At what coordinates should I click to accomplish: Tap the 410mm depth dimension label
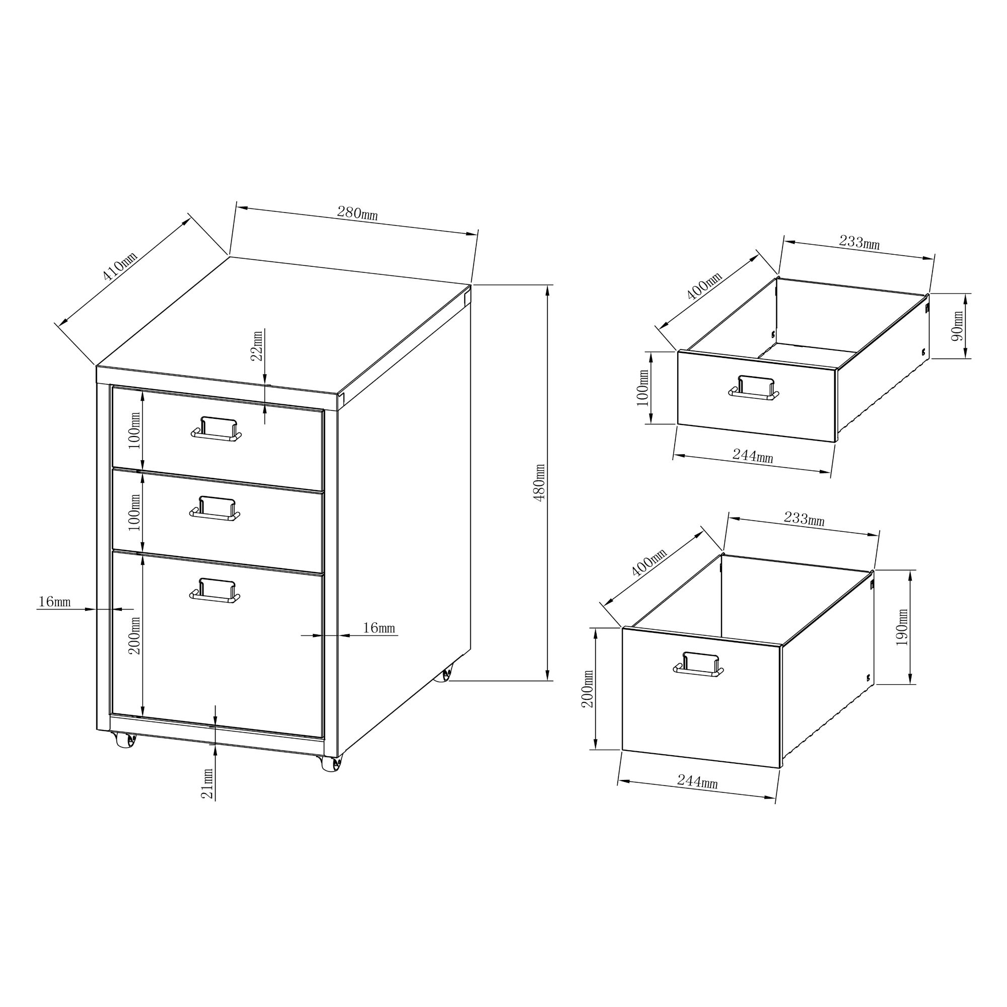coord(120,266)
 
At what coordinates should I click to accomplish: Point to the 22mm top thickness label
coord(257,345)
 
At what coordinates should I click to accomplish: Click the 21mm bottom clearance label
coord(207,783)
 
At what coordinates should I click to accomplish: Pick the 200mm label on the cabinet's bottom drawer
coord(135,635)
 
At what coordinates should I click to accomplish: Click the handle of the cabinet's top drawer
coord(217,429)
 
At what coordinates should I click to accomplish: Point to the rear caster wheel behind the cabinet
coord(447,675)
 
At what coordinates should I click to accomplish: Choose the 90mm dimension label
coord(958,326)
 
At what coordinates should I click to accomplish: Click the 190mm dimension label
coord(902,627)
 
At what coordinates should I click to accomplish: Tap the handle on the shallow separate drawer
coord(754,388)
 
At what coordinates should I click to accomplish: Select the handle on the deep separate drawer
coord(698,664)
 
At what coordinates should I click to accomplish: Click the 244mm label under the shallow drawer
coord(753,456)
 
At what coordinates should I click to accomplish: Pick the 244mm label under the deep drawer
coord(697,781)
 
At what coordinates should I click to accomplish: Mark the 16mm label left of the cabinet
coord(54,602)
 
